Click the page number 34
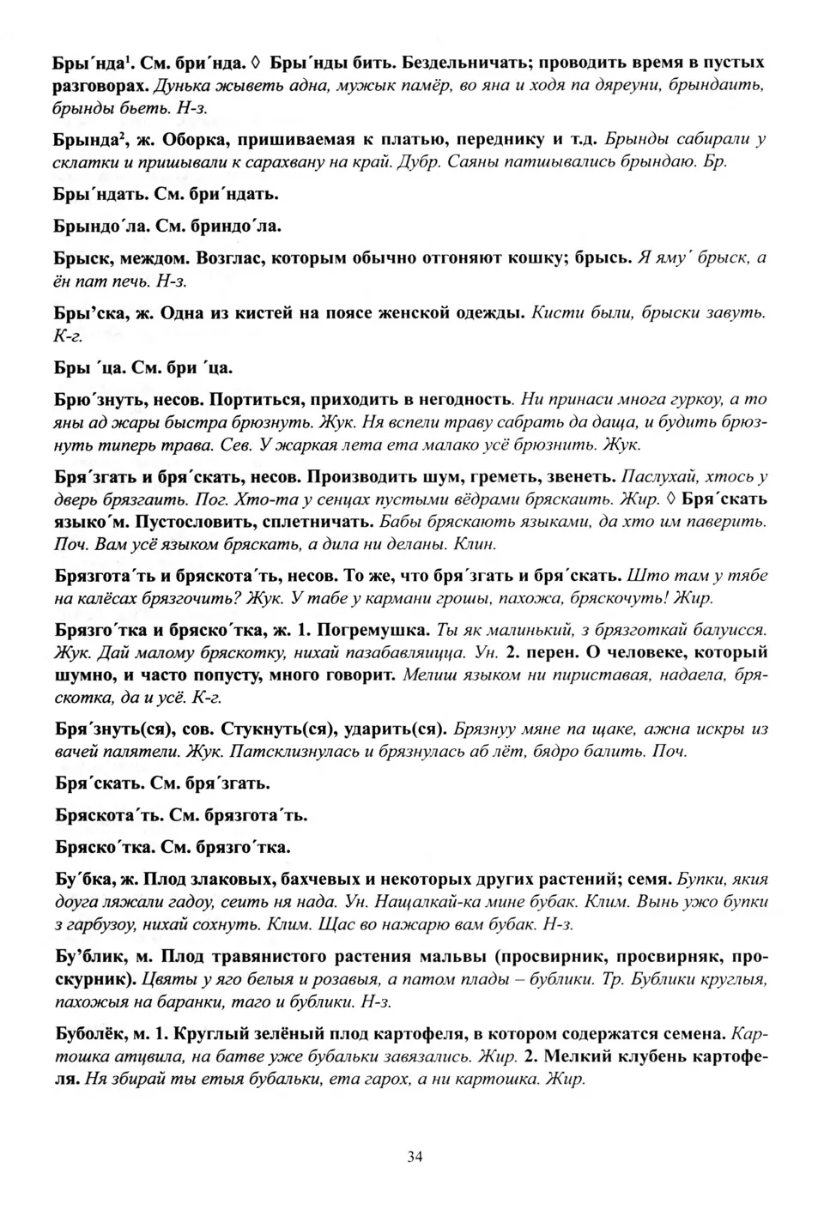coord(415,1156)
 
